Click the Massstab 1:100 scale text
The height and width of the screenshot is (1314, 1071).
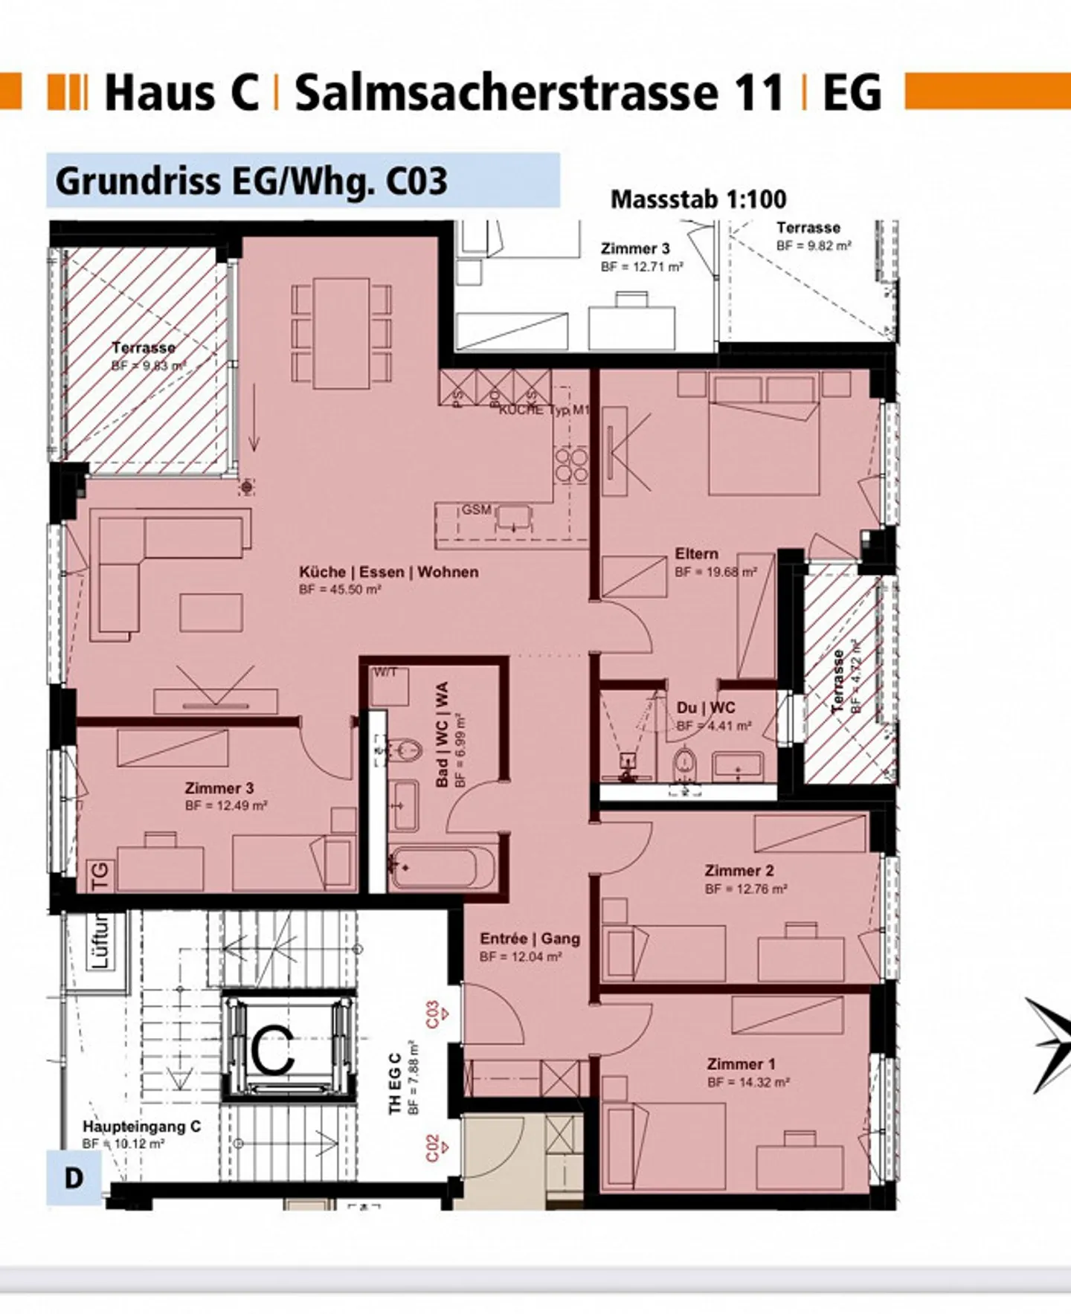tap(698, 199)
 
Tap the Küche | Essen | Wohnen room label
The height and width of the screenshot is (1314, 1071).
tap(388, 572)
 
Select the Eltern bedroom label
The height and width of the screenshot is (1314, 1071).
tap(696, 554)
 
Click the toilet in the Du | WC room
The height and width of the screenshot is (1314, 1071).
tap(684, 764)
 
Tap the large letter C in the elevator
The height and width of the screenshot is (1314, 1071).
tap(273, 1049)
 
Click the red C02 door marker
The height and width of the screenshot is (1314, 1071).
tap(434, 1147)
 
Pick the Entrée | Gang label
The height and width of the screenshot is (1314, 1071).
tap(530, 938)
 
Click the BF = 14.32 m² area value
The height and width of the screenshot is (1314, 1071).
tap(747, 1083)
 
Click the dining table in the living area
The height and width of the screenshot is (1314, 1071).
tap(341, 333)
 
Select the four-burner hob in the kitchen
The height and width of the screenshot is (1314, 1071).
tap(570, 465)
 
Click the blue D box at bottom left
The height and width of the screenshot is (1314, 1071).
tap(74, 1178)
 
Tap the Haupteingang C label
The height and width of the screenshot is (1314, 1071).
tap(141, 1127)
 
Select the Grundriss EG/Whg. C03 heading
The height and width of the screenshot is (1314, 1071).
tap(251, 181)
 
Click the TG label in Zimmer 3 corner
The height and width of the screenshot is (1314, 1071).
tap(100, 875)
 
